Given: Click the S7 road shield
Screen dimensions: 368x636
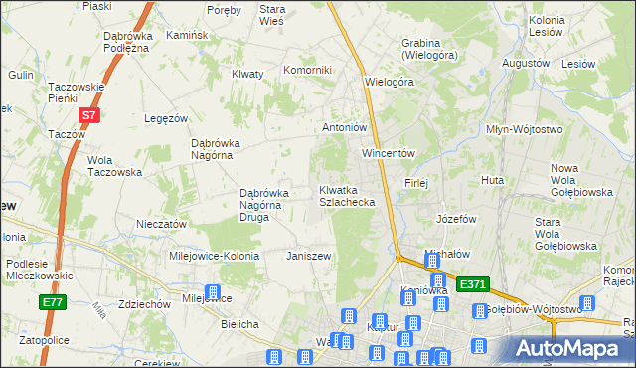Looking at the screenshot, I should pyautogui.click(x=89, y=115).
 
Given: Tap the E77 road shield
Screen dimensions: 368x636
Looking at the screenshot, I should pyautogui.click(x=53, y=302).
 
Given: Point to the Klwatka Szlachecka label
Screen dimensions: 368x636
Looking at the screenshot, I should pyautogui.click(x=346, y=195).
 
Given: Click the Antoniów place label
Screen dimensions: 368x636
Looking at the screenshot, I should pyautogui.click(x=346, y=127).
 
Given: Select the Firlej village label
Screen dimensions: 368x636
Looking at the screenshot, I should pyautogui.click(x=415, y=183).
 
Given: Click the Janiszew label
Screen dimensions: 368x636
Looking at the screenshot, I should pyautogui.click(x=308, y=256).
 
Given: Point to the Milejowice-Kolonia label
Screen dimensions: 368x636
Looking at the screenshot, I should pyautogui.click(x=214, y=256).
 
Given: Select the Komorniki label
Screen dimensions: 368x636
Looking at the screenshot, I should pyautogui.click(x=307, y=70).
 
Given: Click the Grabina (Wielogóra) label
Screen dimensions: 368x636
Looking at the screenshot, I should pyautogui.click(x=420, y=49).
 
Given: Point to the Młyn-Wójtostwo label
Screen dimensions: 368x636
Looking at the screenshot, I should pyautogui.click(x=524, y=129).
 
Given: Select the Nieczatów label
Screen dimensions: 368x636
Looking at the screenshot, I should pyautogui.click(x=161, y=224).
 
